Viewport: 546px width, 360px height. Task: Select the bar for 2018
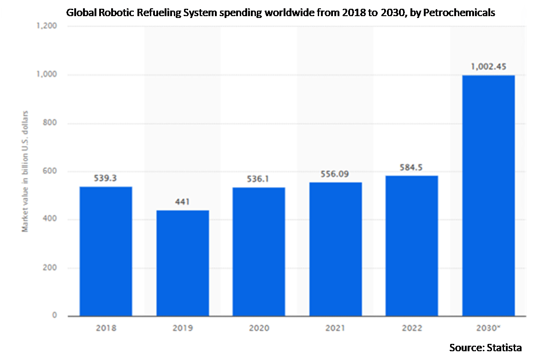(x=106, y=251)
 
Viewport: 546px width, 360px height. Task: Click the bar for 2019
(x=182, y=263)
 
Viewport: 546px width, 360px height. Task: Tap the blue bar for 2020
(x=259, y=252)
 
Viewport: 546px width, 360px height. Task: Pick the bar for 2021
(x=335, y=249)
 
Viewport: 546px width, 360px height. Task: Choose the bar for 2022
(x=412, y=246)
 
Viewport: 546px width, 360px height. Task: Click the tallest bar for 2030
(x=488, y=195)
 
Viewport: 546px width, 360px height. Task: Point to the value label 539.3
(x=106, y=178)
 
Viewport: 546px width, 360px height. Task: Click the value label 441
(x=182, y=201)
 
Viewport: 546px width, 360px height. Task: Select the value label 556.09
(x=335, y=174)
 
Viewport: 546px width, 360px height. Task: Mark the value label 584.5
(x=412, y=167)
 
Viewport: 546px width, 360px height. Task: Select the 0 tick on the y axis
(x=54, y=316)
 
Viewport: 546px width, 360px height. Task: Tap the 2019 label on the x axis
(x=182, y=329)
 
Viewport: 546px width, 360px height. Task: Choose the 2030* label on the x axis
(x=488, y=329)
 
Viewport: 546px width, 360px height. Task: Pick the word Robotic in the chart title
(x=117, y=13)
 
